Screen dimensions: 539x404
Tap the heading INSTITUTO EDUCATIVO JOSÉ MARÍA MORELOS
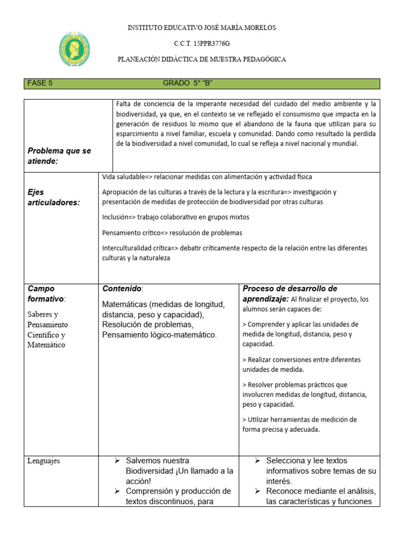click(x=202, y=27)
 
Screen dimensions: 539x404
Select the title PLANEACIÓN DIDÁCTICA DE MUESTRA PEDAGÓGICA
click(x=201, y=59)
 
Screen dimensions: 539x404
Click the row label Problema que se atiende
click(x=59, y=156)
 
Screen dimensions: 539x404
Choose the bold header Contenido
click(x=122, y=289)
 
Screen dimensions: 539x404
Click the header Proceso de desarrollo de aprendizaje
click(x=289, y=294)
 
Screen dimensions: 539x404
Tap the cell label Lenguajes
click(x=44, y=461)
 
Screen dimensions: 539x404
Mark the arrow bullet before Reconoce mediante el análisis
click(x=258, y=491)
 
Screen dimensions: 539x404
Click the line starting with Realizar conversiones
click(x=301, y=360)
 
